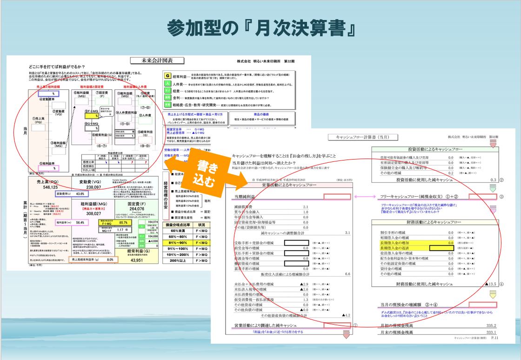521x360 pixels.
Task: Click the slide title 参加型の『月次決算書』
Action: [260, 29]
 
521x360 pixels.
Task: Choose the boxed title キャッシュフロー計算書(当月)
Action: [357, 137]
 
